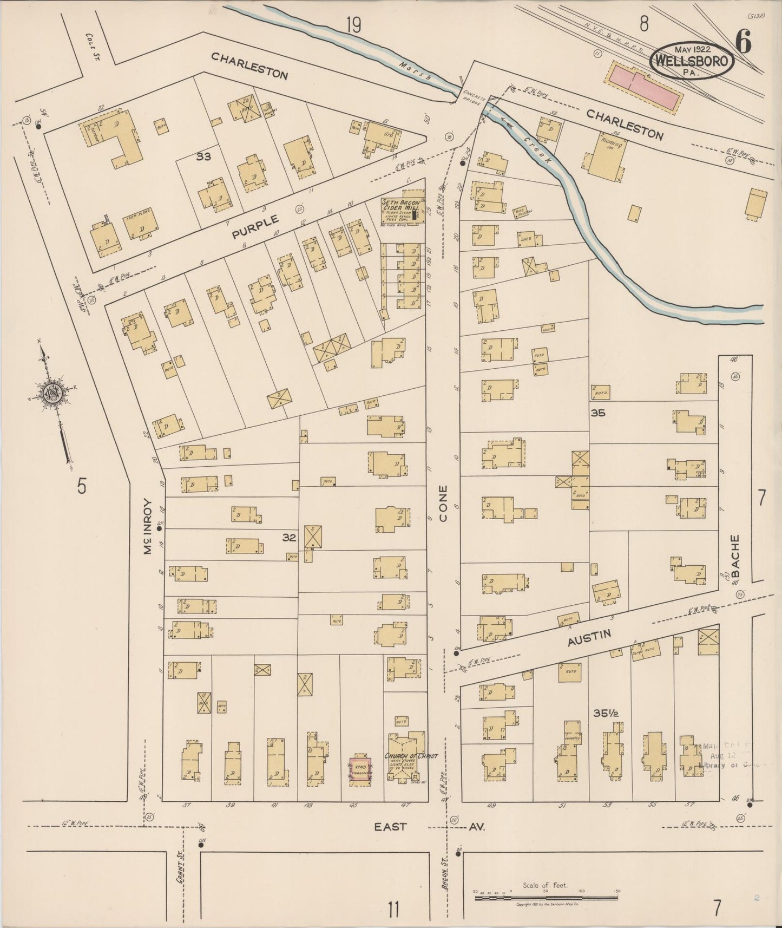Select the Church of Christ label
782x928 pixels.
411,756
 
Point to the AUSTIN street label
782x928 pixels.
589,638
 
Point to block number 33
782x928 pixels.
203,157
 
